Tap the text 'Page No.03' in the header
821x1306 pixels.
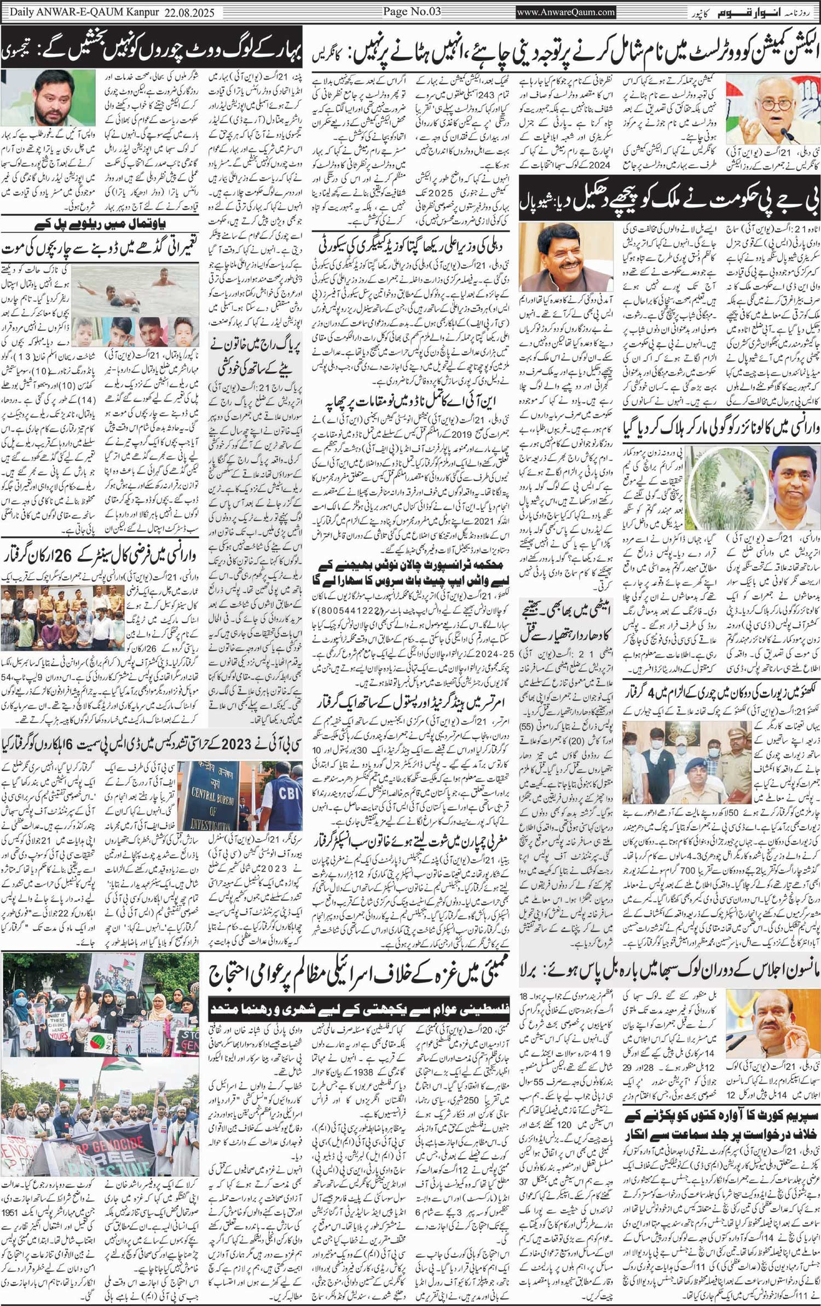[x=408, y=11]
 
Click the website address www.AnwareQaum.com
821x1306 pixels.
[x=566, y=11]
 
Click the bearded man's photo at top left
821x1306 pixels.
[x=49, y=99]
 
